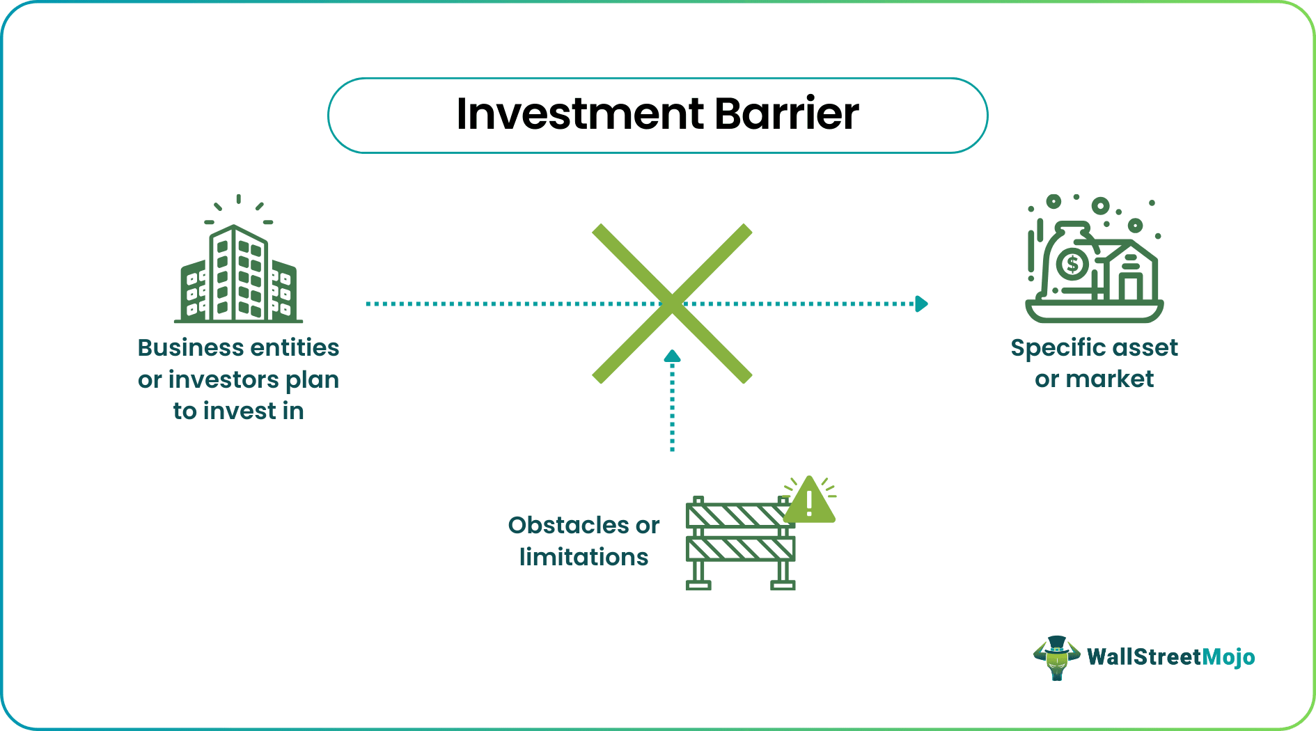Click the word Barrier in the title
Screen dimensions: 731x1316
pyautogui.click(x=786, y=114)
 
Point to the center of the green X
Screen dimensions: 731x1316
pyautogui.click(x=672, y=304)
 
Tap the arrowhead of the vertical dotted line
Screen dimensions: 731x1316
pyautogui.click(x=672, y=356)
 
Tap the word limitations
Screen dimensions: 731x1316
pyautogui.click(x=583, y=557)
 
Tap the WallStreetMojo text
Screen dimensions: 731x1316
pyautogui.click(x=1170, y=657)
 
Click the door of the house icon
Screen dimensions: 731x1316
pyautogui.click(x=1130, y=287)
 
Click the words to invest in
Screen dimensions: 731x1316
pyautogui.click(x=238, y=411)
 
